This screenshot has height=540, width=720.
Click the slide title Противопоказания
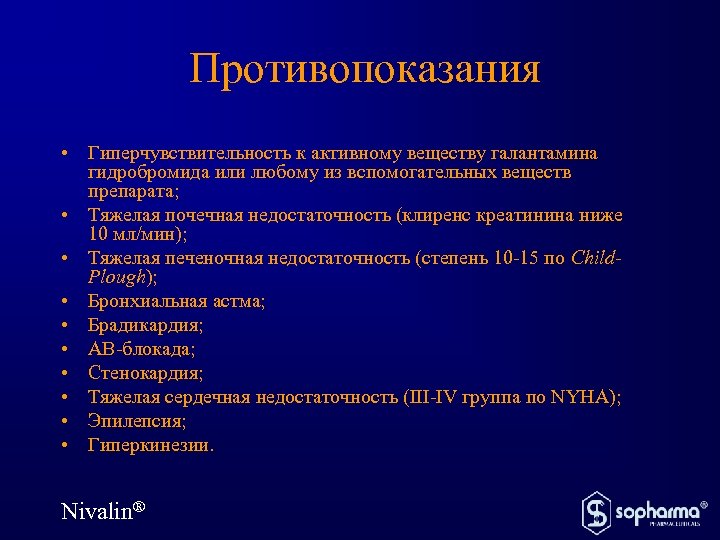[x=364, y=69]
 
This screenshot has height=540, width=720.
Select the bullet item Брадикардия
[x=145, y=325]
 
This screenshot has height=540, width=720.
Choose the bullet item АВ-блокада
[x=141, y=349]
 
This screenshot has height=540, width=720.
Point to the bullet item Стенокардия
[x=145, y=373]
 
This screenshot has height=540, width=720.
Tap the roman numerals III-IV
[x=437, y=397]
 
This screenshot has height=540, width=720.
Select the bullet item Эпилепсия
[x=137, y=421]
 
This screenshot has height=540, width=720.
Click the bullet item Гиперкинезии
[x=150, y=445]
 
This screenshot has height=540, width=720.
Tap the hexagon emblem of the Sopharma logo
[x=596, y=511]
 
